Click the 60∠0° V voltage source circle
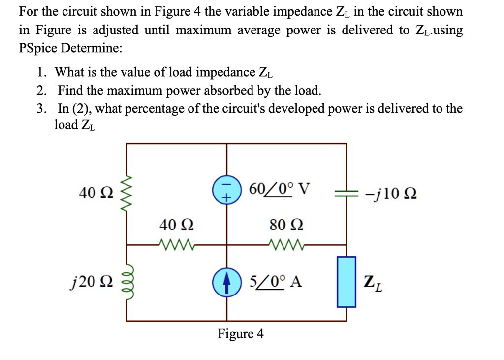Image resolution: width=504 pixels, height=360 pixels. [x=226, y=190]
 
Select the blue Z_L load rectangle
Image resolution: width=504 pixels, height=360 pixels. [x=346, y=282]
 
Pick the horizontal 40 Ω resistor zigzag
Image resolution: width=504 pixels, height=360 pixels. [x=177, y=244]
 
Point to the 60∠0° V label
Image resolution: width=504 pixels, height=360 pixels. [x=280, y=188]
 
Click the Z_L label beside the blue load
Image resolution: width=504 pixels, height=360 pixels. [x=374, y=283]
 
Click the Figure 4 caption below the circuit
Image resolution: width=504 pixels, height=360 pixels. [x=241, y=334]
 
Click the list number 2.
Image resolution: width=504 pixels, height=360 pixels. [x=41, y=91]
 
